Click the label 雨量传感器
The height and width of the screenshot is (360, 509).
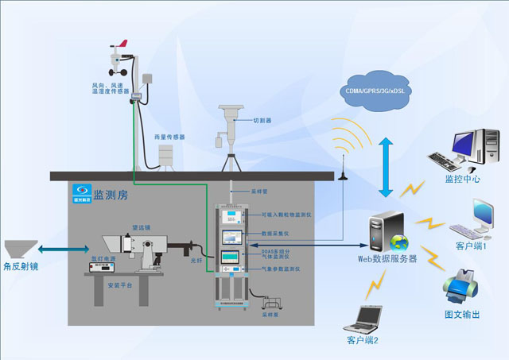coord(169,137)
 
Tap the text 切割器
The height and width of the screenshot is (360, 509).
coord(262,121)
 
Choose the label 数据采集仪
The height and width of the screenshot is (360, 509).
coord(273,234)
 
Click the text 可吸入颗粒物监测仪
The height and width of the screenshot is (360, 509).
coord(282,215)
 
